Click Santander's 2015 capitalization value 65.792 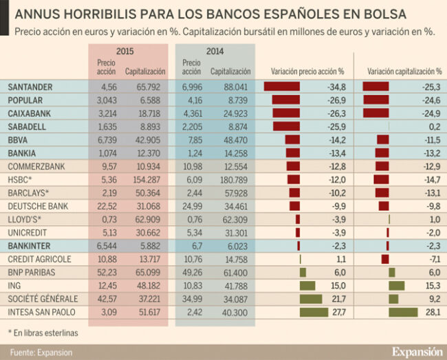(x=145, y=87)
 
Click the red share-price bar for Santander (x=282, y=87)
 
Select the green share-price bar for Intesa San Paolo (x=314, y=313)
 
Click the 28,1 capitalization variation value (x=433, y=313)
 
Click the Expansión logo (x=417, y=351)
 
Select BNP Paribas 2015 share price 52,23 (x=107, y=273)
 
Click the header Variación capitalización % (x=404, y=71)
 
